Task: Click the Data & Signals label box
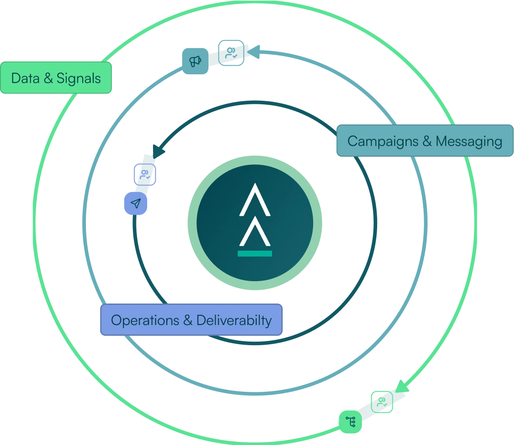(x=56, y=78)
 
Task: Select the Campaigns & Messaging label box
(x=425, y=141)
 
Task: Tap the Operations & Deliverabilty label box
(x=191, y=320)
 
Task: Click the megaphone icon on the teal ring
(x=195, y=61)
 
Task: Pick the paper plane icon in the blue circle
(x=135, y=204)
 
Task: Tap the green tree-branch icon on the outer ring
(x=350, y=421)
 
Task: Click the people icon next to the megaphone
(x=231, y=53)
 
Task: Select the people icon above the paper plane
(x=145, y=174)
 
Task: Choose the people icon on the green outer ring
(x=382, y=402)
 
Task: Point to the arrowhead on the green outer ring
(x=403, y=386)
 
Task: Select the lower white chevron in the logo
(x=255, y=231)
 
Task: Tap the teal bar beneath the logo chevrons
(x=255, y=253)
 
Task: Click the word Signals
(x=79, y=78)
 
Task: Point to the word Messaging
(x=469, y=141)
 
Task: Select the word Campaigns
(x=383, y=141)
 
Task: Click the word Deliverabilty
(x=234, y=321)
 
